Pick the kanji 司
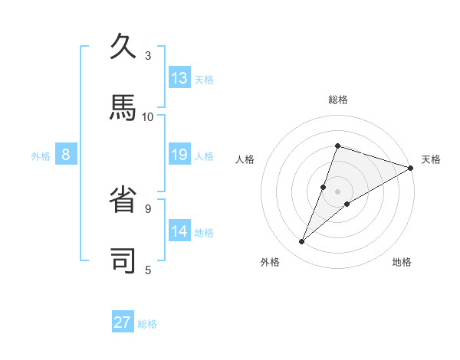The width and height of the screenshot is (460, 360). pos(124,260)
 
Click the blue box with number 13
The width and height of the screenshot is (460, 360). pos(179,78)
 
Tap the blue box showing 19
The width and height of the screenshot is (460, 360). pos(179,155)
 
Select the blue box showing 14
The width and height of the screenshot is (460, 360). pos(179,231)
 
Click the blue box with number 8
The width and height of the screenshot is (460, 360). pos(66,155)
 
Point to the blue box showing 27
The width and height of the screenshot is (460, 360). pos(123,322)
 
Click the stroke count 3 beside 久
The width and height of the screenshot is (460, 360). pos(148,55)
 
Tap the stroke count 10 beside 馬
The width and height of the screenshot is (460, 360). pos(148,116)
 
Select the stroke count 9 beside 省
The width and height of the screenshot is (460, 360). pos(148,208)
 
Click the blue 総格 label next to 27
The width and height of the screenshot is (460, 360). pos(148,324)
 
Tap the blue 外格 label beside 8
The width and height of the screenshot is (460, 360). pos(41,156)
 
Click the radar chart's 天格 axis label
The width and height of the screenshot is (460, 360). pos(431,159)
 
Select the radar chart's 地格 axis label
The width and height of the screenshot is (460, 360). pos(402,262)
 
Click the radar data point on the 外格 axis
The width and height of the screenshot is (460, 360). pos(302,242)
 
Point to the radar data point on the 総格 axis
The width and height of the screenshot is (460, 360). pos(337,146)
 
